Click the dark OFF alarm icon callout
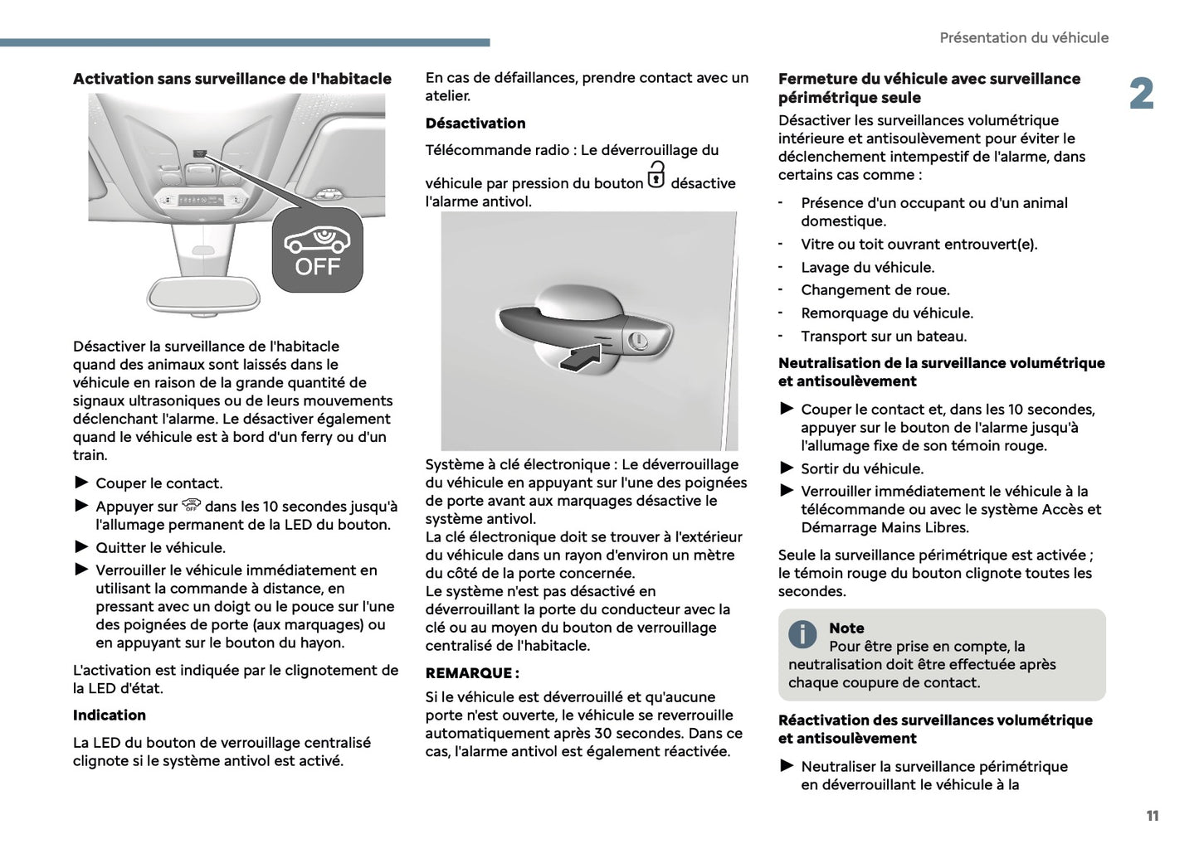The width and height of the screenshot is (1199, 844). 318,250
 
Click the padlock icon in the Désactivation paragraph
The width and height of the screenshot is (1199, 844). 656,176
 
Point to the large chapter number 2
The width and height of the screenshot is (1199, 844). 1141,95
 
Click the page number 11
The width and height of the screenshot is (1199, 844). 1152,816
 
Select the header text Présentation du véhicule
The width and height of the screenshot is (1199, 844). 1023,38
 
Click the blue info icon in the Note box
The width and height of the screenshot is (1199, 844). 802,634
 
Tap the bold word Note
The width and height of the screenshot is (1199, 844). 846,628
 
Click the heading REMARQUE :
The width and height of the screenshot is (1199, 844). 472,673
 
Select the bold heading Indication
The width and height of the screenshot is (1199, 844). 109,715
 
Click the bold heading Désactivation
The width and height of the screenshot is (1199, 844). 475,124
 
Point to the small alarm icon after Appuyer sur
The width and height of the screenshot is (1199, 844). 191,505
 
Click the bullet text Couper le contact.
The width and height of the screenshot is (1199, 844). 158,483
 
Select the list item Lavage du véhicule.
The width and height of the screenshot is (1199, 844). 867,268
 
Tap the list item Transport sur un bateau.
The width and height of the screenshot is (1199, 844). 883,337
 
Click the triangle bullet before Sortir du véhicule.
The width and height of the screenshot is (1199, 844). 787,468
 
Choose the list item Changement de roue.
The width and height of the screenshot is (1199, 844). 875,290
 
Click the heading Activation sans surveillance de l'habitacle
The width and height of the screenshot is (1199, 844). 232,79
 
